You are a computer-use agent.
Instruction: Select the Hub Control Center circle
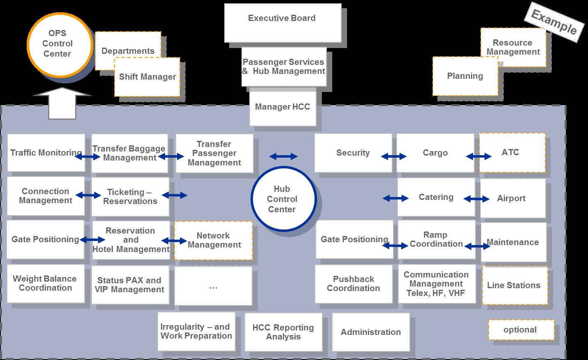[282, 199]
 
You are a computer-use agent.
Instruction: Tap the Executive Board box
[283, 23]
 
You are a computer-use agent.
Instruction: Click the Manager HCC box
[283, 108]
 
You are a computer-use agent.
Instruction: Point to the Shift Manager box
[147, 77]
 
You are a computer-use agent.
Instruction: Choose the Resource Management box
[513, 47]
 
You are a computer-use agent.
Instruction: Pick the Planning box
[465, 76]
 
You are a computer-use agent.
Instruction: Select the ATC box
[512, 153]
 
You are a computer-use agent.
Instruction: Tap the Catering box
[436, 197]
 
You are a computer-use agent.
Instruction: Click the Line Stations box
[514, 286]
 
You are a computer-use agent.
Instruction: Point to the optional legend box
[521, 330]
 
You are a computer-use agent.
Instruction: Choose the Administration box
[370, 332]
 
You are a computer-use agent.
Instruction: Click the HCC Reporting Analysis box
[283, 332]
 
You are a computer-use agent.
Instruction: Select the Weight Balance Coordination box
[46, 284]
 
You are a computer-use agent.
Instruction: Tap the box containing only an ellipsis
[213, 287]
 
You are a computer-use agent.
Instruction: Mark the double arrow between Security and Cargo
[394, 156]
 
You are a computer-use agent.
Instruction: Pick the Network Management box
[214, 241]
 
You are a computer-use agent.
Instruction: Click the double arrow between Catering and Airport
[476, 199]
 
